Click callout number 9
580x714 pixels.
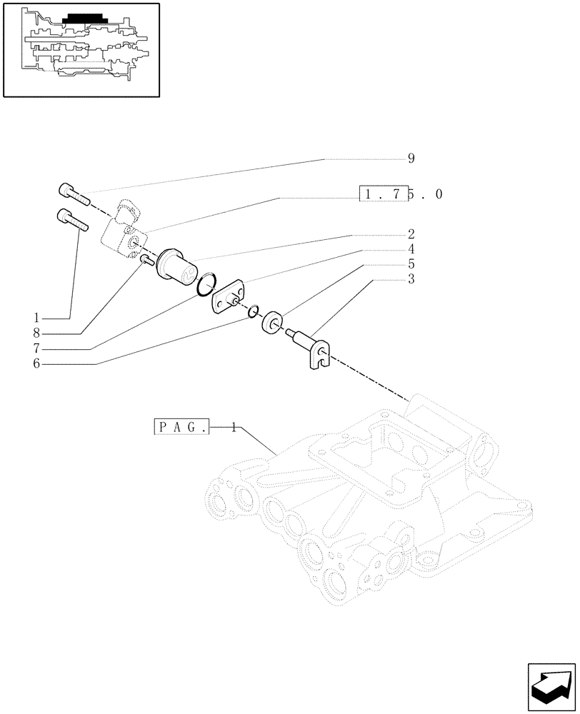(411, 159)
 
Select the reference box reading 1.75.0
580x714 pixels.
(401, 194)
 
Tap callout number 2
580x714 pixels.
(411, 234)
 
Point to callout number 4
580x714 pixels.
(411, 249)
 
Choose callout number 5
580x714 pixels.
(411, 264)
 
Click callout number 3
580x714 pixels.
(411, 279)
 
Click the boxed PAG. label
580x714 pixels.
(181, 428)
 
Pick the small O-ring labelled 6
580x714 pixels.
(254, 312)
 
